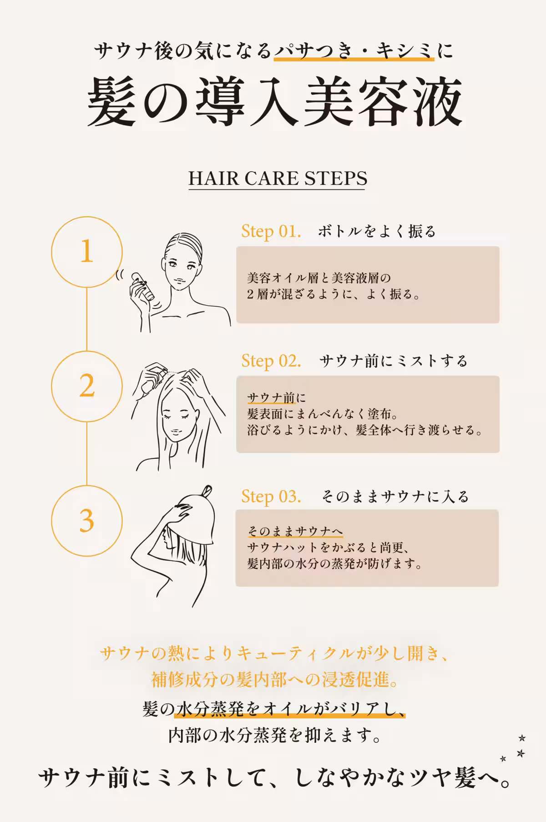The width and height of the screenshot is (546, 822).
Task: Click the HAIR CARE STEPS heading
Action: pos(278,178)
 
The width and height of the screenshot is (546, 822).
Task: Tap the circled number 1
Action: pos(86,252)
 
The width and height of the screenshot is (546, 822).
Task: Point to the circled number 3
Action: pos(86,520)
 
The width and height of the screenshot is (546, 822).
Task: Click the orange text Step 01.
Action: pos(271,231)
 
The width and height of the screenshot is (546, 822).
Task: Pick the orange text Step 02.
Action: pos(271,361)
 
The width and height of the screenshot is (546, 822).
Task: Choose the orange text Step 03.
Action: pos(271,496)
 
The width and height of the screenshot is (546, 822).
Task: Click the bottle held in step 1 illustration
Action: pos(142,286)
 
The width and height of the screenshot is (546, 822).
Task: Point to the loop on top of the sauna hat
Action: pos(207,491)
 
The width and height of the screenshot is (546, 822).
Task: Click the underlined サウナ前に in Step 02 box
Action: pos(277,398)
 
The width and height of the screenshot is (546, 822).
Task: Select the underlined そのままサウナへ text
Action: pos(295,531)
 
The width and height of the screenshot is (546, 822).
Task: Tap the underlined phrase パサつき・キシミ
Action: pos(354,51)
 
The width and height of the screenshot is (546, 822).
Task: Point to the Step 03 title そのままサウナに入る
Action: pos(395,496)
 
